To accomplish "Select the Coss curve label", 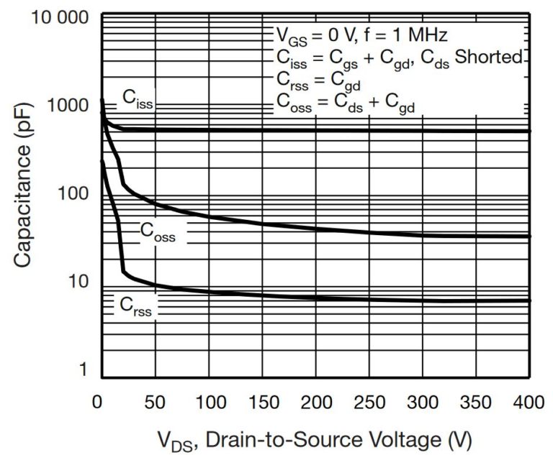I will [157, 231].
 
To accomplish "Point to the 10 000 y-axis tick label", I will [59, 16].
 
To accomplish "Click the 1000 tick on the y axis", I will [73, 106].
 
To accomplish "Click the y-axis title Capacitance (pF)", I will [24, 193].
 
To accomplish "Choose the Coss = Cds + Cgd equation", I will [346, 103].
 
